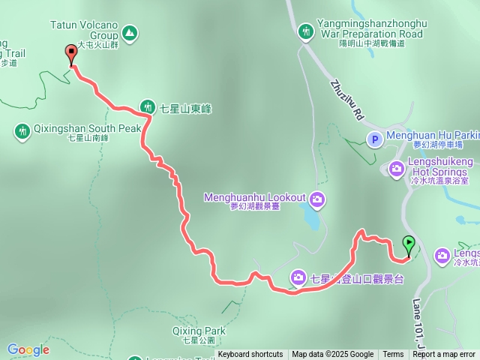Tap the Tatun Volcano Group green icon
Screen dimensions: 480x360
[x=130, y=33]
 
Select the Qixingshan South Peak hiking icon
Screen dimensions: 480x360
[x=22, y=131]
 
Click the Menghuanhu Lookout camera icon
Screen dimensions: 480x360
[x=317, y=198]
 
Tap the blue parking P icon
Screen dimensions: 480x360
[x=373, y=139]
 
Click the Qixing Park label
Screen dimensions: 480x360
[x=199, y=331]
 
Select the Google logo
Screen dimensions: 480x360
[x=28, y=349]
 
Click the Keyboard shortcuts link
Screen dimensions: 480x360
[x=250, y=355]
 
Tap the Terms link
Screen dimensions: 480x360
[x=393, y=355]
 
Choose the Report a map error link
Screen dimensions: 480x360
[x=444, y=355]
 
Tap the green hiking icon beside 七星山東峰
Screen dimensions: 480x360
[x=148, y=108]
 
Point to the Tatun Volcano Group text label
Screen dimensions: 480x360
[x=85, y=30]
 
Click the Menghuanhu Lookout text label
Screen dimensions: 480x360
[x=255, y=198]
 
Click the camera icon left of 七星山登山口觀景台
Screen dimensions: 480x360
[x=298, y=278]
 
